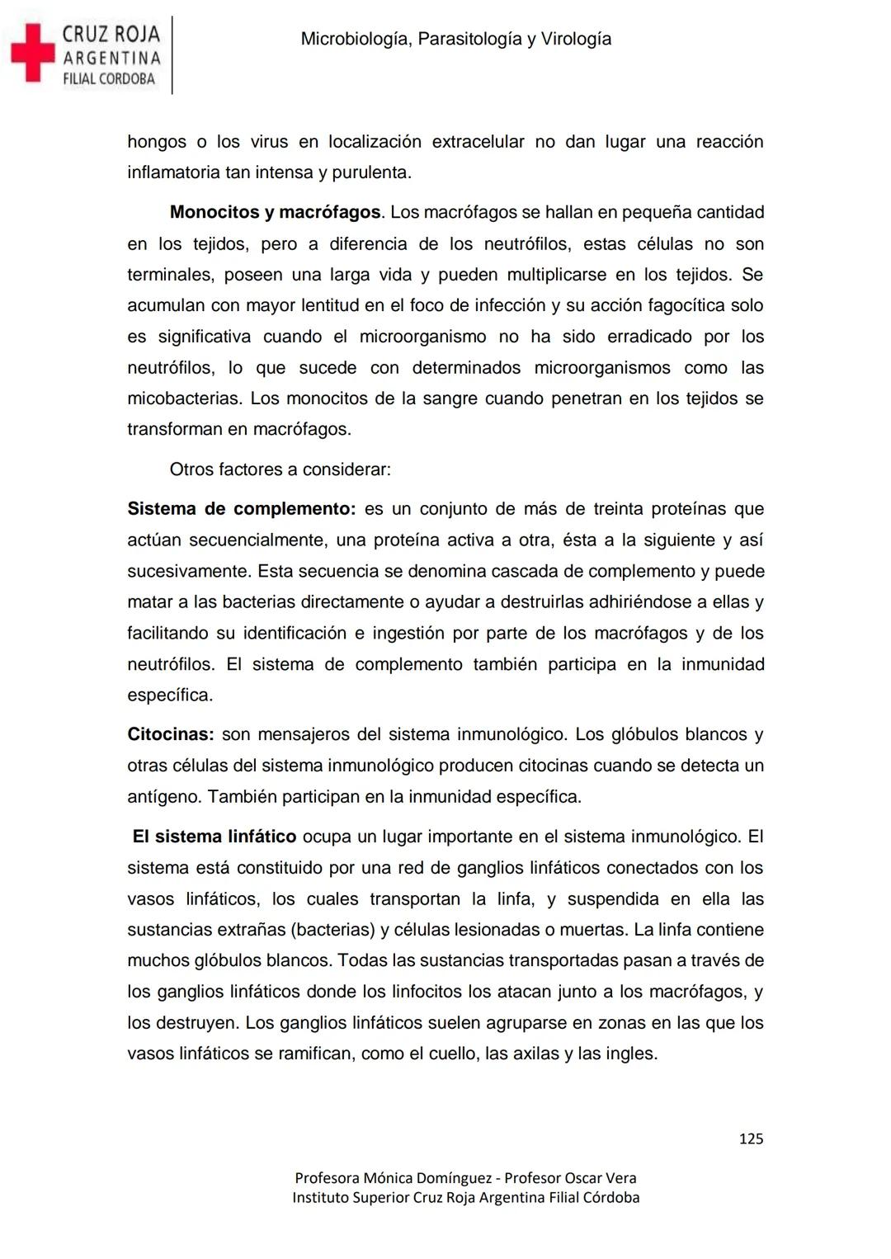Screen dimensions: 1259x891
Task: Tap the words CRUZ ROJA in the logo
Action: [x=111, y=34]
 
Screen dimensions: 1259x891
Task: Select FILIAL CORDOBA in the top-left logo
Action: [x=109, y=79]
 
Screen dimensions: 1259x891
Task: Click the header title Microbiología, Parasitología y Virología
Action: [x=455, y=39]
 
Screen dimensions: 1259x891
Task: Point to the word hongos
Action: [x=157, y=142]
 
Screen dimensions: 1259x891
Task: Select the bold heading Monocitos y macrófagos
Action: [x=276, y=213]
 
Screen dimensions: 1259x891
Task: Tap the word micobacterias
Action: [x=183, y=399]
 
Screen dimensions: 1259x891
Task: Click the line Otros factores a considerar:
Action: [x=280, y=470]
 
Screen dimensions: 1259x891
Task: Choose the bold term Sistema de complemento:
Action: [x=241, y=509]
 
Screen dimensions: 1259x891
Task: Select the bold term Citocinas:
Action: [x=171, y=735]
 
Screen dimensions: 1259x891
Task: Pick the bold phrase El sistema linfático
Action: [x=214, y=837]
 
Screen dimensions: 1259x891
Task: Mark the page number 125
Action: [x=751, y=1139]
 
